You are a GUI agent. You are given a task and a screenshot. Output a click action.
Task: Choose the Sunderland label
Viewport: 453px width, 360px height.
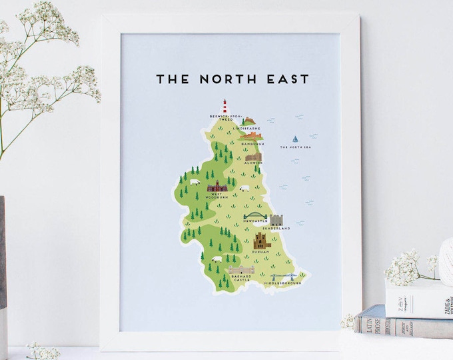tap(276, 228)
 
